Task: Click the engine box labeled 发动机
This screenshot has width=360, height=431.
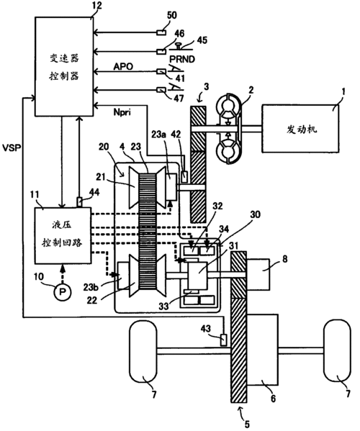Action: click(x=300, y=128)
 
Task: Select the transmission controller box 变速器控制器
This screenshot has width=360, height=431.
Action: click(x=64, y=66)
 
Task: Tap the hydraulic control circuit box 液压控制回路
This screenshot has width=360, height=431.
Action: click(x=63, y=235)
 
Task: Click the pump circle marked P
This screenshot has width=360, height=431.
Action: click(x=63, y=292)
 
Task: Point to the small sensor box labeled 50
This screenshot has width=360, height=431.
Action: click(x=161, y=32)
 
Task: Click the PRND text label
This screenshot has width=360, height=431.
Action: click(x=182, y=59)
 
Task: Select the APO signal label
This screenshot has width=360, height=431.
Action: click(x=123, y=66)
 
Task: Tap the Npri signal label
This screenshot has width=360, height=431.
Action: click(x=122, y=112)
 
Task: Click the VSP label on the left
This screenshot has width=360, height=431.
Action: click(x=11, y=148)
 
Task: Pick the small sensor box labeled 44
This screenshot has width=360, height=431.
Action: click(x=79, y=202)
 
